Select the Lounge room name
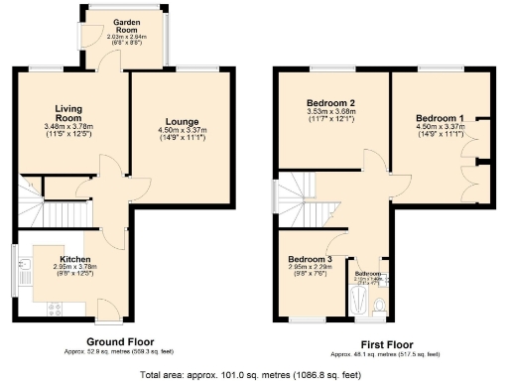coord(179,122)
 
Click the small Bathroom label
coord(370,273)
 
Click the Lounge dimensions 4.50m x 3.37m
coord(179,131)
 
